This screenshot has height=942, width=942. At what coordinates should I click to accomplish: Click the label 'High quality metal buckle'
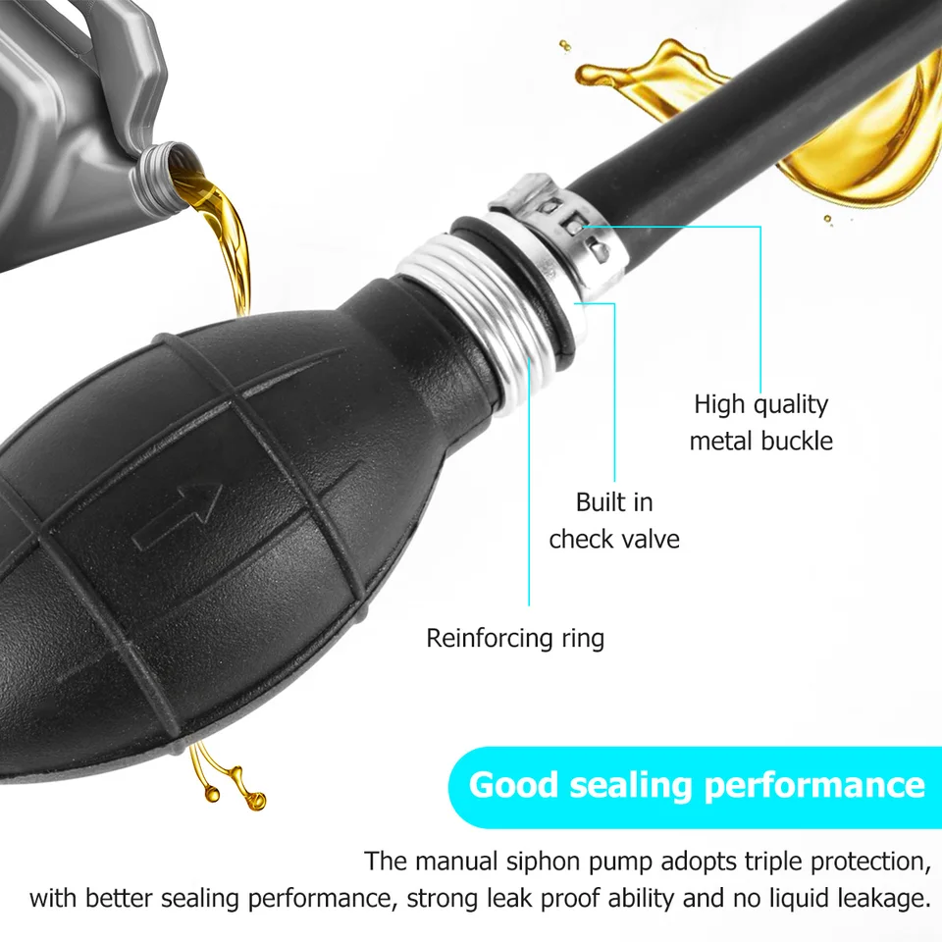760,422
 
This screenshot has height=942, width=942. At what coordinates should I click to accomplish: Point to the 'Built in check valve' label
614,520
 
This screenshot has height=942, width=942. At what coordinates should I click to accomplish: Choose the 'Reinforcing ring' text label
515,639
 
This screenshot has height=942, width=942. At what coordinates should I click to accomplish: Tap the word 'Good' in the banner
513,785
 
